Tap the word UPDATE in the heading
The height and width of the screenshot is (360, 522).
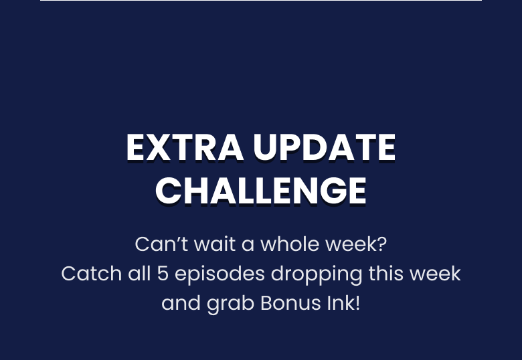point(325,147)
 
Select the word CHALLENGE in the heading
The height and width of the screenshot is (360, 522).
point(261,190)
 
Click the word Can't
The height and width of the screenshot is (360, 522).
point(162,244)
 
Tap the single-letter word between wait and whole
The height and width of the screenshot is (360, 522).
point(248,246)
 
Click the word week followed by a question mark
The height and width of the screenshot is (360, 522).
point(356,244)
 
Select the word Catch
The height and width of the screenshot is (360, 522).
point(92,274)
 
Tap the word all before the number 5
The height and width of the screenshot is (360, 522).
point(139,274)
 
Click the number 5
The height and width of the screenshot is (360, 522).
point(163,274)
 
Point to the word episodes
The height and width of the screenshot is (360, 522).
point(220,274)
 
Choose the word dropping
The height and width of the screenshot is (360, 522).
point(317,274)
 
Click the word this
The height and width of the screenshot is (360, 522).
point(385,274)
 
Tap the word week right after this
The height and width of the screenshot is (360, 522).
point(435,274)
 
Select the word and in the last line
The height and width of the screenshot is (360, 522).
point(181,303)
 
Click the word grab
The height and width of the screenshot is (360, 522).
point(230,304)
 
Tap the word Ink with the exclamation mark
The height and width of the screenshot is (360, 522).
point(343,303)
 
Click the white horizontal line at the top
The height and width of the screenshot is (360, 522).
point(261,0)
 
